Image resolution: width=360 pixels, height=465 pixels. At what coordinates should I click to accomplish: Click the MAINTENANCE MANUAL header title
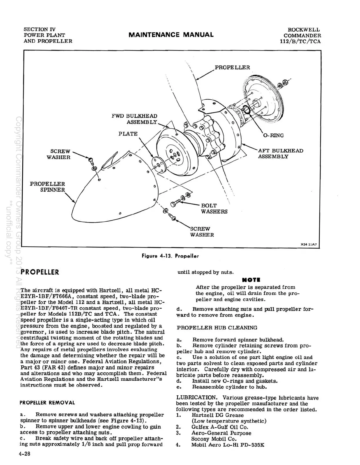(x=171, y=35)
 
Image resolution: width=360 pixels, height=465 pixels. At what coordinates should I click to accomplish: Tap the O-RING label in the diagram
(x=274, y=136)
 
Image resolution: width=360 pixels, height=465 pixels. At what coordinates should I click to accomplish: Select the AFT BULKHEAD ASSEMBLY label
(x=280, y=153)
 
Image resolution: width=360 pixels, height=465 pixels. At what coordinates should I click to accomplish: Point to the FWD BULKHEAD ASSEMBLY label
(x=134, y=119)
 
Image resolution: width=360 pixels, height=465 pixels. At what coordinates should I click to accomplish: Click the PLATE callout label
(x=128, y=134)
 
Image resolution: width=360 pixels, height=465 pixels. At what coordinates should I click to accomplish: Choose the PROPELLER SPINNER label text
(x=47, y=187)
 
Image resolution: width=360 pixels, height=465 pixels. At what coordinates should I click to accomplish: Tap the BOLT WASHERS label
(x=214, y=209)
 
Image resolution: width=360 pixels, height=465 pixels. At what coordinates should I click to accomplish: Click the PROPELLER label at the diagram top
(x=232, y=67)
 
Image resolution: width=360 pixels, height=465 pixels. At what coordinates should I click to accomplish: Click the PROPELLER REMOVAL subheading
(x=47, y=403)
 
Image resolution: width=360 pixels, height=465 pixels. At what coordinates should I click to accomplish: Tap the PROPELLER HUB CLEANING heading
(x=217, y=328)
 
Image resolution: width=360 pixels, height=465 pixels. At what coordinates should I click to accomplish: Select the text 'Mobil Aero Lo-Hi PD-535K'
(x=228, y=445)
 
